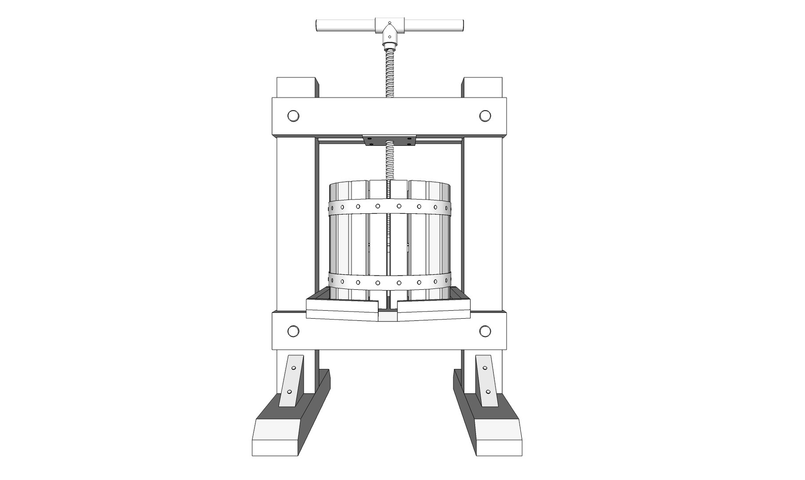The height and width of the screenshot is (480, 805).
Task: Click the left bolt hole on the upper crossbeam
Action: point(293,116)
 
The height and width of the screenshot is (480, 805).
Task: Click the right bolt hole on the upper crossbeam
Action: point(485,116)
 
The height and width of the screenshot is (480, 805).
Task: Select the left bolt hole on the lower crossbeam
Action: point(293,331)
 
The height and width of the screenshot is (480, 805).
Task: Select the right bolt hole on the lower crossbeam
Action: point(485,331)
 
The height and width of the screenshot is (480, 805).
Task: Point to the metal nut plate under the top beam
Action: point(389,140)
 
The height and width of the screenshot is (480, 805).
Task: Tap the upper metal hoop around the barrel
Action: point(389,206)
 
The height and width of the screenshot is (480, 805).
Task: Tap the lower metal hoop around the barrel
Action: point(389,282)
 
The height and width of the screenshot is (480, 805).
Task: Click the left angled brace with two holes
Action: point(291,380)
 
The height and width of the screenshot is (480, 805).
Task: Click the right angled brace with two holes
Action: point(486,380)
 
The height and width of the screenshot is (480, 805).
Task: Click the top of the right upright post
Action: point(483,87)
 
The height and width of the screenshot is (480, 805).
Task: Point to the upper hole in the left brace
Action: point(293,368)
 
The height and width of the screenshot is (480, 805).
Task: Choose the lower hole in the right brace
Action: point(488,392)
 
